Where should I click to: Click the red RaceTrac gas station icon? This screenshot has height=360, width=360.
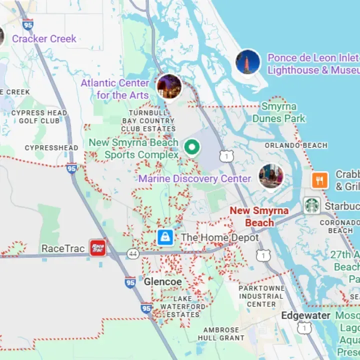97,247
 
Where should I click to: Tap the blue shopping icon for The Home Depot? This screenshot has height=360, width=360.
165,237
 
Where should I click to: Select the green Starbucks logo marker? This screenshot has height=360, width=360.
311,205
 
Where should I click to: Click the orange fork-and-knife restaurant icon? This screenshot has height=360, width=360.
319,180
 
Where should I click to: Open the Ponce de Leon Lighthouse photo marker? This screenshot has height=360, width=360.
248,62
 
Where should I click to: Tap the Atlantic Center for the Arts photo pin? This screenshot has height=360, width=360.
169,86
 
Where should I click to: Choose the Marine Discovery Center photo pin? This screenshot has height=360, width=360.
271,176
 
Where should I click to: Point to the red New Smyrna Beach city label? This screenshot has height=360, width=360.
259,216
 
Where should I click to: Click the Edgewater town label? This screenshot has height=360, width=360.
305,315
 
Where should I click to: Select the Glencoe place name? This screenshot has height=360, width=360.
163,282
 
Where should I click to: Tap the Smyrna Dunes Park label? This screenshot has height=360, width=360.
279,112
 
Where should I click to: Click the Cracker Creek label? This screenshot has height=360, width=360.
44,38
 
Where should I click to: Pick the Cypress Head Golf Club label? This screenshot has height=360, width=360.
39,116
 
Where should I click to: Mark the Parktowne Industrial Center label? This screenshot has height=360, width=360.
261,296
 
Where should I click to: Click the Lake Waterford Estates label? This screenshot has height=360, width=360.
182,306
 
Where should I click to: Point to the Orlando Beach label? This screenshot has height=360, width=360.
296,145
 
